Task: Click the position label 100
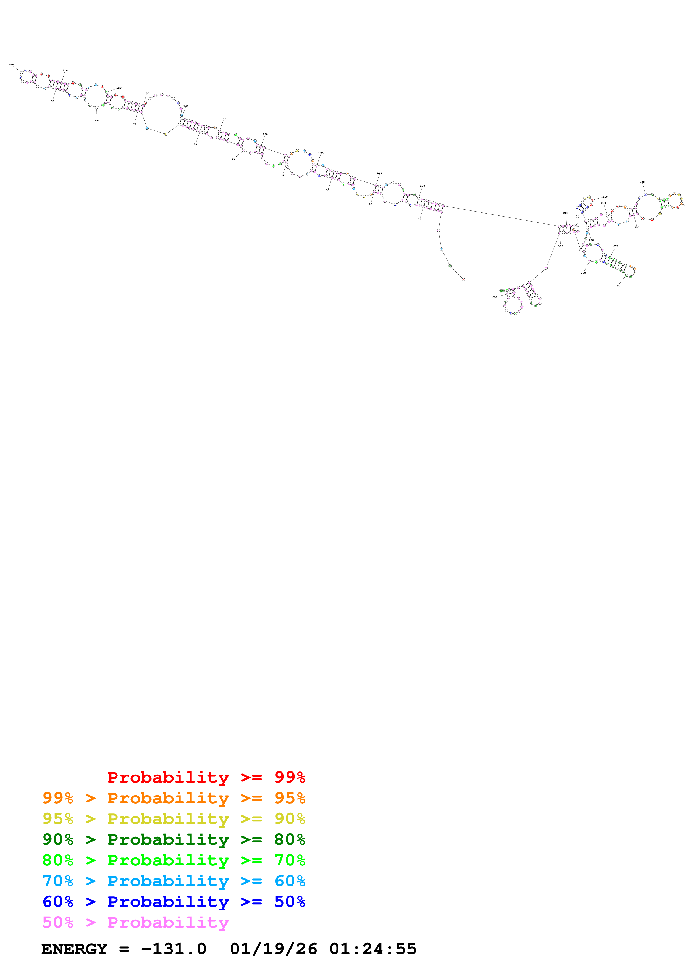(x=11, y=65)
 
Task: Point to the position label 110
(x=65, y=70)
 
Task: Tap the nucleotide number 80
(x=97, y=121)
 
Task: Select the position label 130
(x=146, y=93)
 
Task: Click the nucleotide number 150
(x=224, y=119)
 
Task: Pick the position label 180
(x=380, y=173)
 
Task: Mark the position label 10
(x=419, y=219)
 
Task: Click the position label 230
(x=642, y=182)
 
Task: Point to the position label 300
(x=560, y=246)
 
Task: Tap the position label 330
(x=495, y=297)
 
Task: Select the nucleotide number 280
(x=618, y=286)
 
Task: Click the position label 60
(x=195, y=144)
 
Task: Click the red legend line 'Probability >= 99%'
(x=206, y=777)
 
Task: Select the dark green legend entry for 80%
(x=174, y=839)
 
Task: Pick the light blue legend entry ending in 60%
(x=174, y=881)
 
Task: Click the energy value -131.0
(x=174, y=949)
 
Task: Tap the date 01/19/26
(x=274, y=949)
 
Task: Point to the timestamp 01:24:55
(x=373, y=949)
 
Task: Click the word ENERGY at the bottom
(x=74, y=949)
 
